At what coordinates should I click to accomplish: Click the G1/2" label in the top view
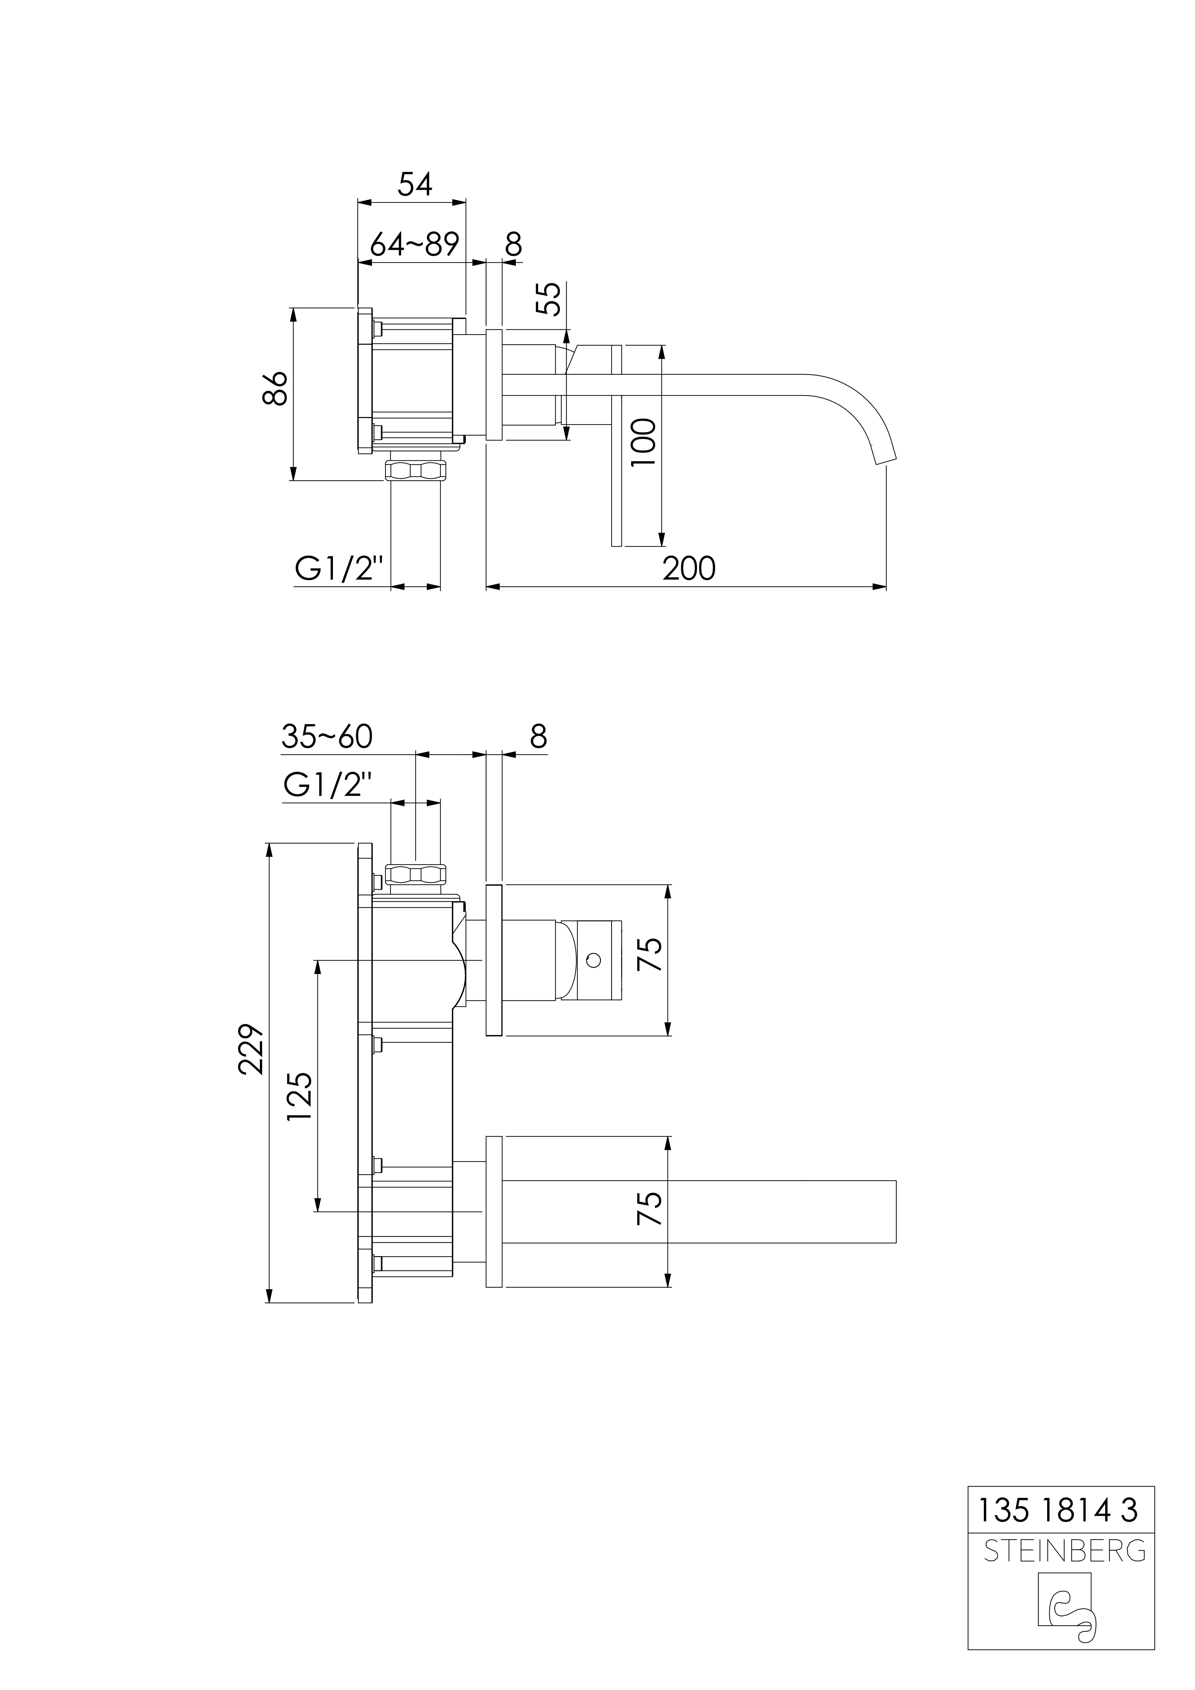[340, 569]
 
